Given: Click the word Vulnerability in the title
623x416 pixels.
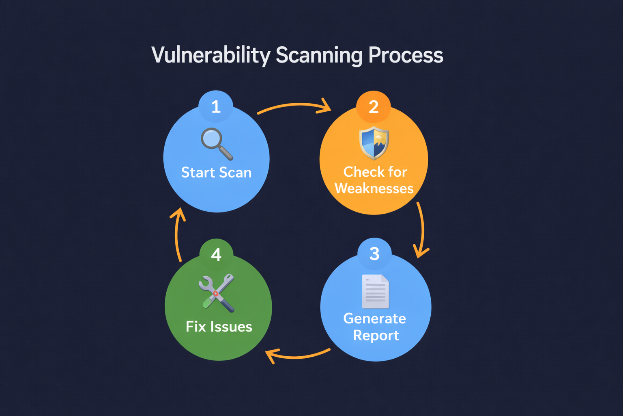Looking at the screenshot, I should click(x=211, y=55).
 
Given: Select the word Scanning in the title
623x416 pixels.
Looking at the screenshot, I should click(x=319, y=55).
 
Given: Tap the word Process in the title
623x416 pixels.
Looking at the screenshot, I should click(x=406, y=55).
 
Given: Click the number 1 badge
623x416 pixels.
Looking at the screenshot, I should click(x=216, y=107).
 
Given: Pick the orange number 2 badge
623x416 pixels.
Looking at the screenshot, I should click(x=374, y=107).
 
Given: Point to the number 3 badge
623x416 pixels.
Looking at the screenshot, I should click(x=374, y=254).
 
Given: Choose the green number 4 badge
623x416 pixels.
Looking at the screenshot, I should click(x=216, y=255).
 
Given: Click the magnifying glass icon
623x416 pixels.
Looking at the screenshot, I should click(x=217, y=143).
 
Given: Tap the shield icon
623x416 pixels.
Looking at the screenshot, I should click(x=374, y=143).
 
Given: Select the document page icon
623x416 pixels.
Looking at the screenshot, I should click(x=376, y=291).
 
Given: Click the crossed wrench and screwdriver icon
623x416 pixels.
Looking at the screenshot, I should click(x=217, y=292).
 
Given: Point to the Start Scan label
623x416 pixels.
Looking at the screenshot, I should click(x=216, y=173).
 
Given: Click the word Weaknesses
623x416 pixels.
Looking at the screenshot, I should click(x=374, y=188).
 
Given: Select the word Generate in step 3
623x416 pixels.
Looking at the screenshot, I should click(x=374, y=318).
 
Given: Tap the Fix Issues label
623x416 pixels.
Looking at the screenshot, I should click(x=219, y=327).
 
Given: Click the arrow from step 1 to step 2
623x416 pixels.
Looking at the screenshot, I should click(x=295, y=106).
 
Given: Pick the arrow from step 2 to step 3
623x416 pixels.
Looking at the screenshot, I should click(x=421, y=230).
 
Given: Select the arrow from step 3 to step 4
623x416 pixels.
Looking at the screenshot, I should click(x=298, y=356).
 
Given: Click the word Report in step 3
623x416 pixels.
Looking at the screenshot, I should click(x=376, y=336).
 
